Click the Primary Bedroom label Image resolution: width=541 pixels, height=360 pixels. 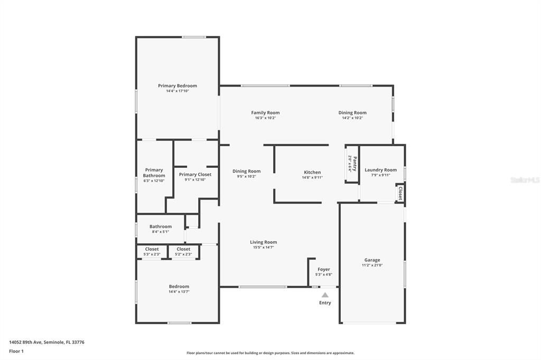[177, 86]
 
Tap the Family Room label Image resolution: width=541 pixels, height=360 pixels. [265, 112]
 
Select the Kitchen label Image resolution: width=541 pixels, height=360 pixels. [312, 172]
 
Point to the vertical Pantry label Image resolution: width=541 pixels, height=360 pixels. [352, 164]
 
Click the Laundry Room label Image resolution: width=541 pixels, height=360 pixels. [380, 170]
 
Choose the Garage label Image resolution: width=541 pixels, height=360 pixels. [372, 260]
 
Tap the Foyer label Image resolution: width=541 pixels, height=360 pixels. [324, 269]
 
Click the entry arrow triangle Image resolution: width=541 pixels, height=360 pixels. [325, 295]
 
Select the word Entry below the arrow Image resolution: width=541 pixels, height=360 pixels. [325, 303]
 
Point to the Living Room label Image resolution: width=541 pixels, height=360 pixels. [263, 242]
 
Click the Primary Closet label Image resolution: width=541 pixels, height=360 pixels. [195, 174]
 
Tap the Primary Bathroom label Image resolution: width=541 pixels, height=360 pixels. [154, 173]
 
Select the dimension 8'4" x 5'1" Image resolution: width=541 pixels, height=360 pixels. [160, 232]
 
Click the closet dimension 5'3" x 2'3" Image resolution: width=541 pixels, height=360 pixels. [152, 254]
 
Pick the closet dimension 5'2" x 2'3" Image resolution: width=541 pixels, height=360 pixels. [183, 254]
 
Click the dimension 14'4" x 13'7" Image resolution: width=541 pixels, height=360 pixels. [179, 291]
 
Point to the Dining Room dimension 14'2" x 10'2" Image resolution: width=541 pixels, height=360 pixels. [352, 118]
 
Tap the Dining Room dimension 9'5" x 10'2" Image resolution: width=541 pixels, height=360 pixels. [247, 176]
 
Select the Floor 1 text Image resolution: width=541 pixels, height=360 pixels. [16, 351]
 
